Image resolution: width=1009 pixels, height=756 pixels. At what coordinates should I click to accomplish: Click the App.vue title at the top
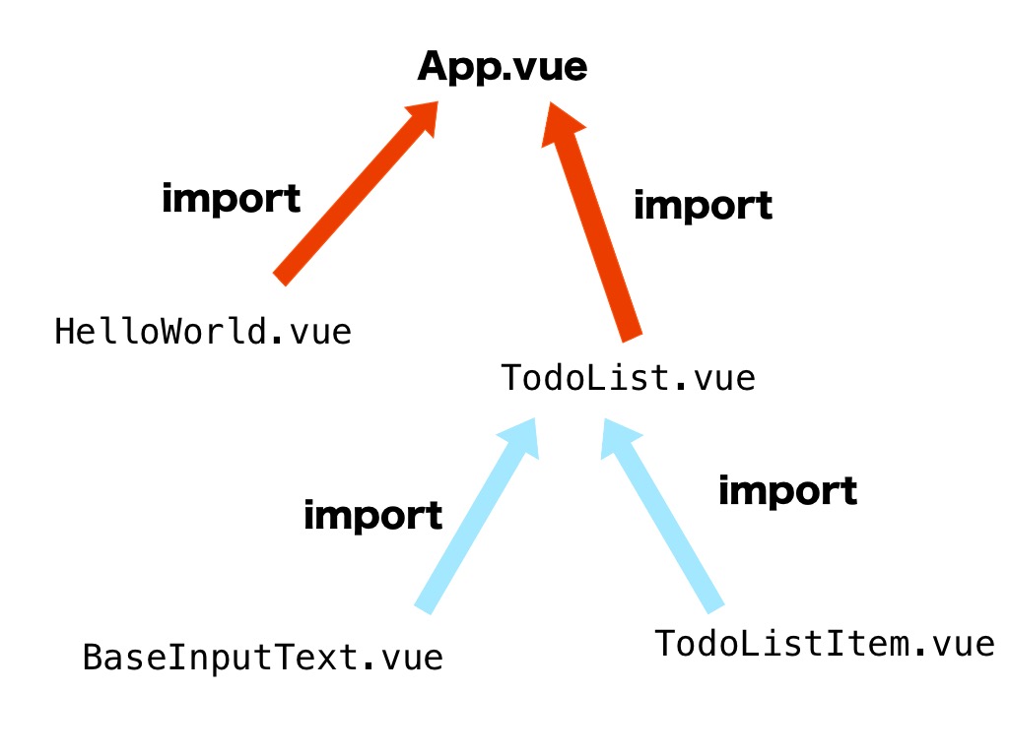502,67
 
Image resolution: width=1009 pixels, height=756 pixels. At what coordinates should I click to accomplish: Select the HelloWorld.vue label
203,332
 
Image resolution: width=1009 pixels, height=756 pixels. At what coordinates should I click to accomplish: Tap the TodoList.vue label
628,378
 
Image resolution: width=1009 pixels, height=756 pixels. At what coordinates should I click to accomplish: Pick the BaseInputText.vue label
262,657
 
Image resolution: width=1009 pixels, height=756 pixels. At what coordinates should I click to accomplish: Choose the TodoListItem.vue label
824,644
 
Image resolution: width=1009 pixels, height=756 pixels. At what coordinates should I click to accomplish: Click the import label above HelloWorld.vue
231,199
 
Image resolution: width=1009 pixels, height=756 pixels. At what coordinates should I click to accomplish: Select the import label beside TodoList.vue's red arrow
703,206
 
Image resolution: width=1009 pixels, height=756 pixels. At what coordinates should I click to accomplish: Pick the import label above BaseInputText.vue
372,515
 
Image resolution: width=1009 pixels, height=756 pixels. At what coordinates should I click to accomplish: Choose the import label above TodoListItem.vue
787,490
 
